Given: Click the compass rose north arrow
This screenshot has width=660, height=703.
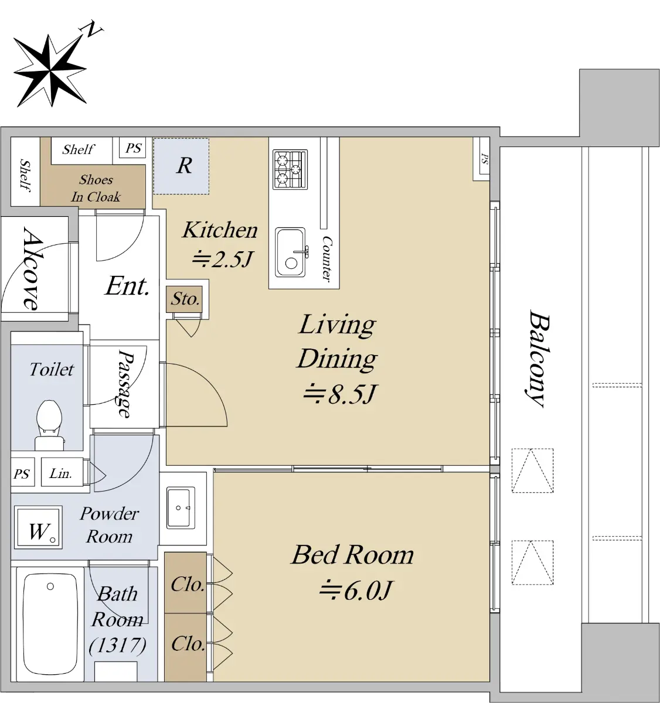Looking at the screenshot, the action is [x=50, y=71].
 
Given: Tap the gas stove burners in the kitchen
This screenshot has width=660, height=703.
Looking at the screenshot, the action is [x=290, y=169].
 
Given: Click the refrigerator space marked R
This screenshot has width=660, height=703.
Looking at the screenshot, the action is [x=181, y=166].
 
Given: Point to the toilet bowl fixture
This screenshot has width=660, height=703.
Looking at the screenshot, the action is [x=50, y=425].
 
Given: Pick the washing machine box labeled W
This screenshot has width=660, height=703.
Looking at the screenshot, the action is [x=38, y=527].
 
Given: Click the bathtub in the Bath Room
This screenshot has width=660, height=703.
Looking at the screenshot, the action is [x=50, y=624].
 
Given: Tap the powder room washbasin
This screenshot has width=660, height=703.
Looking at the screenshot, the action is [x=181, y=508].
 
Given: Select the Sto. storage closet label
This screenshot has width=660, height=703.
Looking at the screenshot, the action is [x=185, y=299].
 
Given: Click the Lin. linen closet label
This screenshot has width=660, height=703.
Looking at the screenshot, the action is [x=60, y=473].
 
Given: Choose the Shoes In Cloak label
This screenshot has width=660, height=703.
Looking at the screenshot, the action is [x=96, y=188].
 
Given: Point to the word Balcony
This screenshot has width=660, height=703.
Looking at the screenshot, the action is [x=537, y=358].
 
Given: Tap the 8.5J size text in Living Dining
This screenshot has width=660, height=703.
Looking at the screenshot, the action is [x=339, y=394].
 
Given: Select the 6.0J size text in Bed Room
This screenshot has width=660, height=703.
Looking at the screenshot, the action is [x=355, y=591].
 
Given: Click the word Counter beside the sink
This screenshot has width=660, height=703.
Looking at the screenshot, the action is [x=327, y=259].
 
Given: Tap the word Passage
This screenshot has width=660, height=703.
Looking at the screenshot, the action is [x=126, y=384].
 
